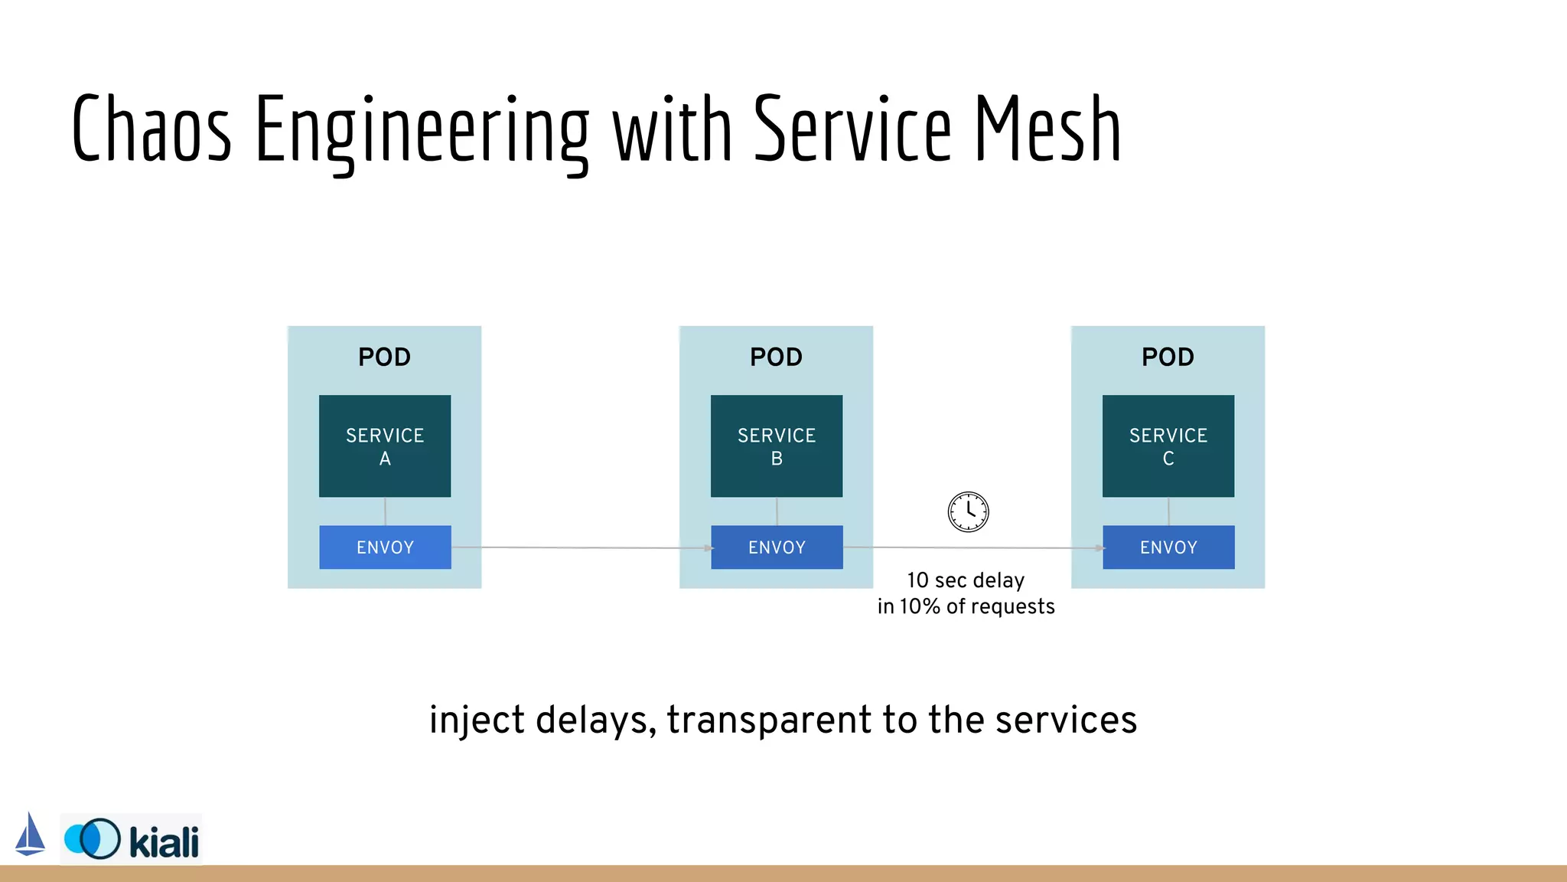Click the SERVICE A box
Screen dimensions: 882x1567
385,446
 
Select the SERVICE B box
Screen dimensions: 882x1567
777,446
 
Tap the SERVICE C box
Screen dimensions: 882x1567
1168,446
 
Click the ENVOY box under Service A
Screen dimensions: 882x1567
385,547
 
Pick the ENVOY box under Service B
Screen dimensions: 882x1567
777,547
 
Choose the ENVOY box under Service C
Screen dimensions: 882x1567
1168,547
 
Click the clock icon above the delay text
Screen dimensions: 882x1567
968,511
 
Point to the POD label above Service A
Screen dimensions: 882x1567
385,357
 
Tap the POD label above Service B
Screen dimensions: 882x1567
777,357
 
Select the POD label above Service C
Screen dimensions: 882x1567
1168,357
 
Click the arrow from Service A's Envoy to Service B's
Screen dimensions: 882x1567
582,547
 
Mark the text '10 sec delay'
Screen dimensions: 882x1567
966,580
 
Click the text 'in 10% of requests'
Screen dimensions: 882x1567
966,606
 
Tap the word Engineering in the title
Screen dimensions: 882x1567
422,130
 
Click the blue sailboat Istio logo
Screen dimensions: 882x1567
30,835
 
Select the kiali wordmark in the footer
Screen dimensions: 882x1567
164,842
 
